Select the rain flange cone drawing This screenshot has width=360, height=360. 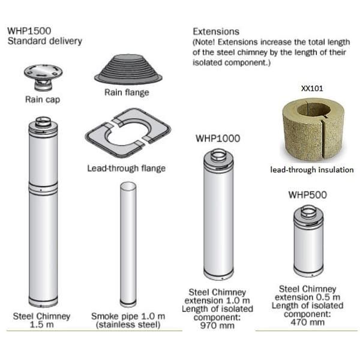tap(128, 69)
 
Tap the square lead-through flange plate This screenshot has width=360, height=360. tap(128, 133)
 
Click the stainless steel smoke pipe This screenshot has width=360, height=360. tap(128, 244)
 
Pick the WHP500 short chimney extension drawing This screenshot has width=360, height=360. tap(308, 241)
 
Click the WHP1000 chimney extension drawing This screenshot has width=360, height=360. tap(218, 215)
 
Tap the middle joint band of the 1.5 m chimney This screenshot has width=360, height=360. tap(43, 189)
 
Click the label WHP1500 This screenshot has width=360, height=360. tap(29, 31)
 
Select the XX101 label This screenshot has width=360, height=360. tap(312, 88)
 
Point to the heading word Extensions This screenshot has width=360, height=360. tap(216, 32)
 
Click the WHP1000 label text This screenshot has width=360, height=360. tap(218, 139)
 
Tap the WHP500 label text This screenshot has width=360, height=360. tap(307, 195)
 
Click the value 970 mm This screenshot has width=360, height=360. tap(217, 326)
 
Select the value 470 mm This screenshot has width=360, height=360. tap(307, 322)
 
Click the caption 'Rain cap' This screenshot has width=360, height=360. tap(43, 100)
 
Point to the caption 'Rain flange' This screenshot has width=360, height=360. tap(127, 92)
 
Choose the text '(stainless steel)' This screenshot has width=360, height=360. tap(128, 325)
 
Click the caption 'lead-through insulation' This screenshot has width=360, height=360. tap(312, 170)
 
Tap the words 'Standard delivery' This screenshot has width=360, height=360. tap(45, 41)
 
